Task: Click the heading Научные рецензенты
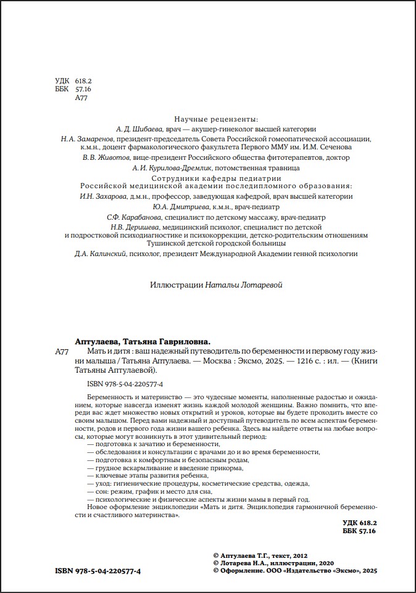pos(216,118)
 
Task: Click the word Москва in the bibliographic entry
pos(230,361)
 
